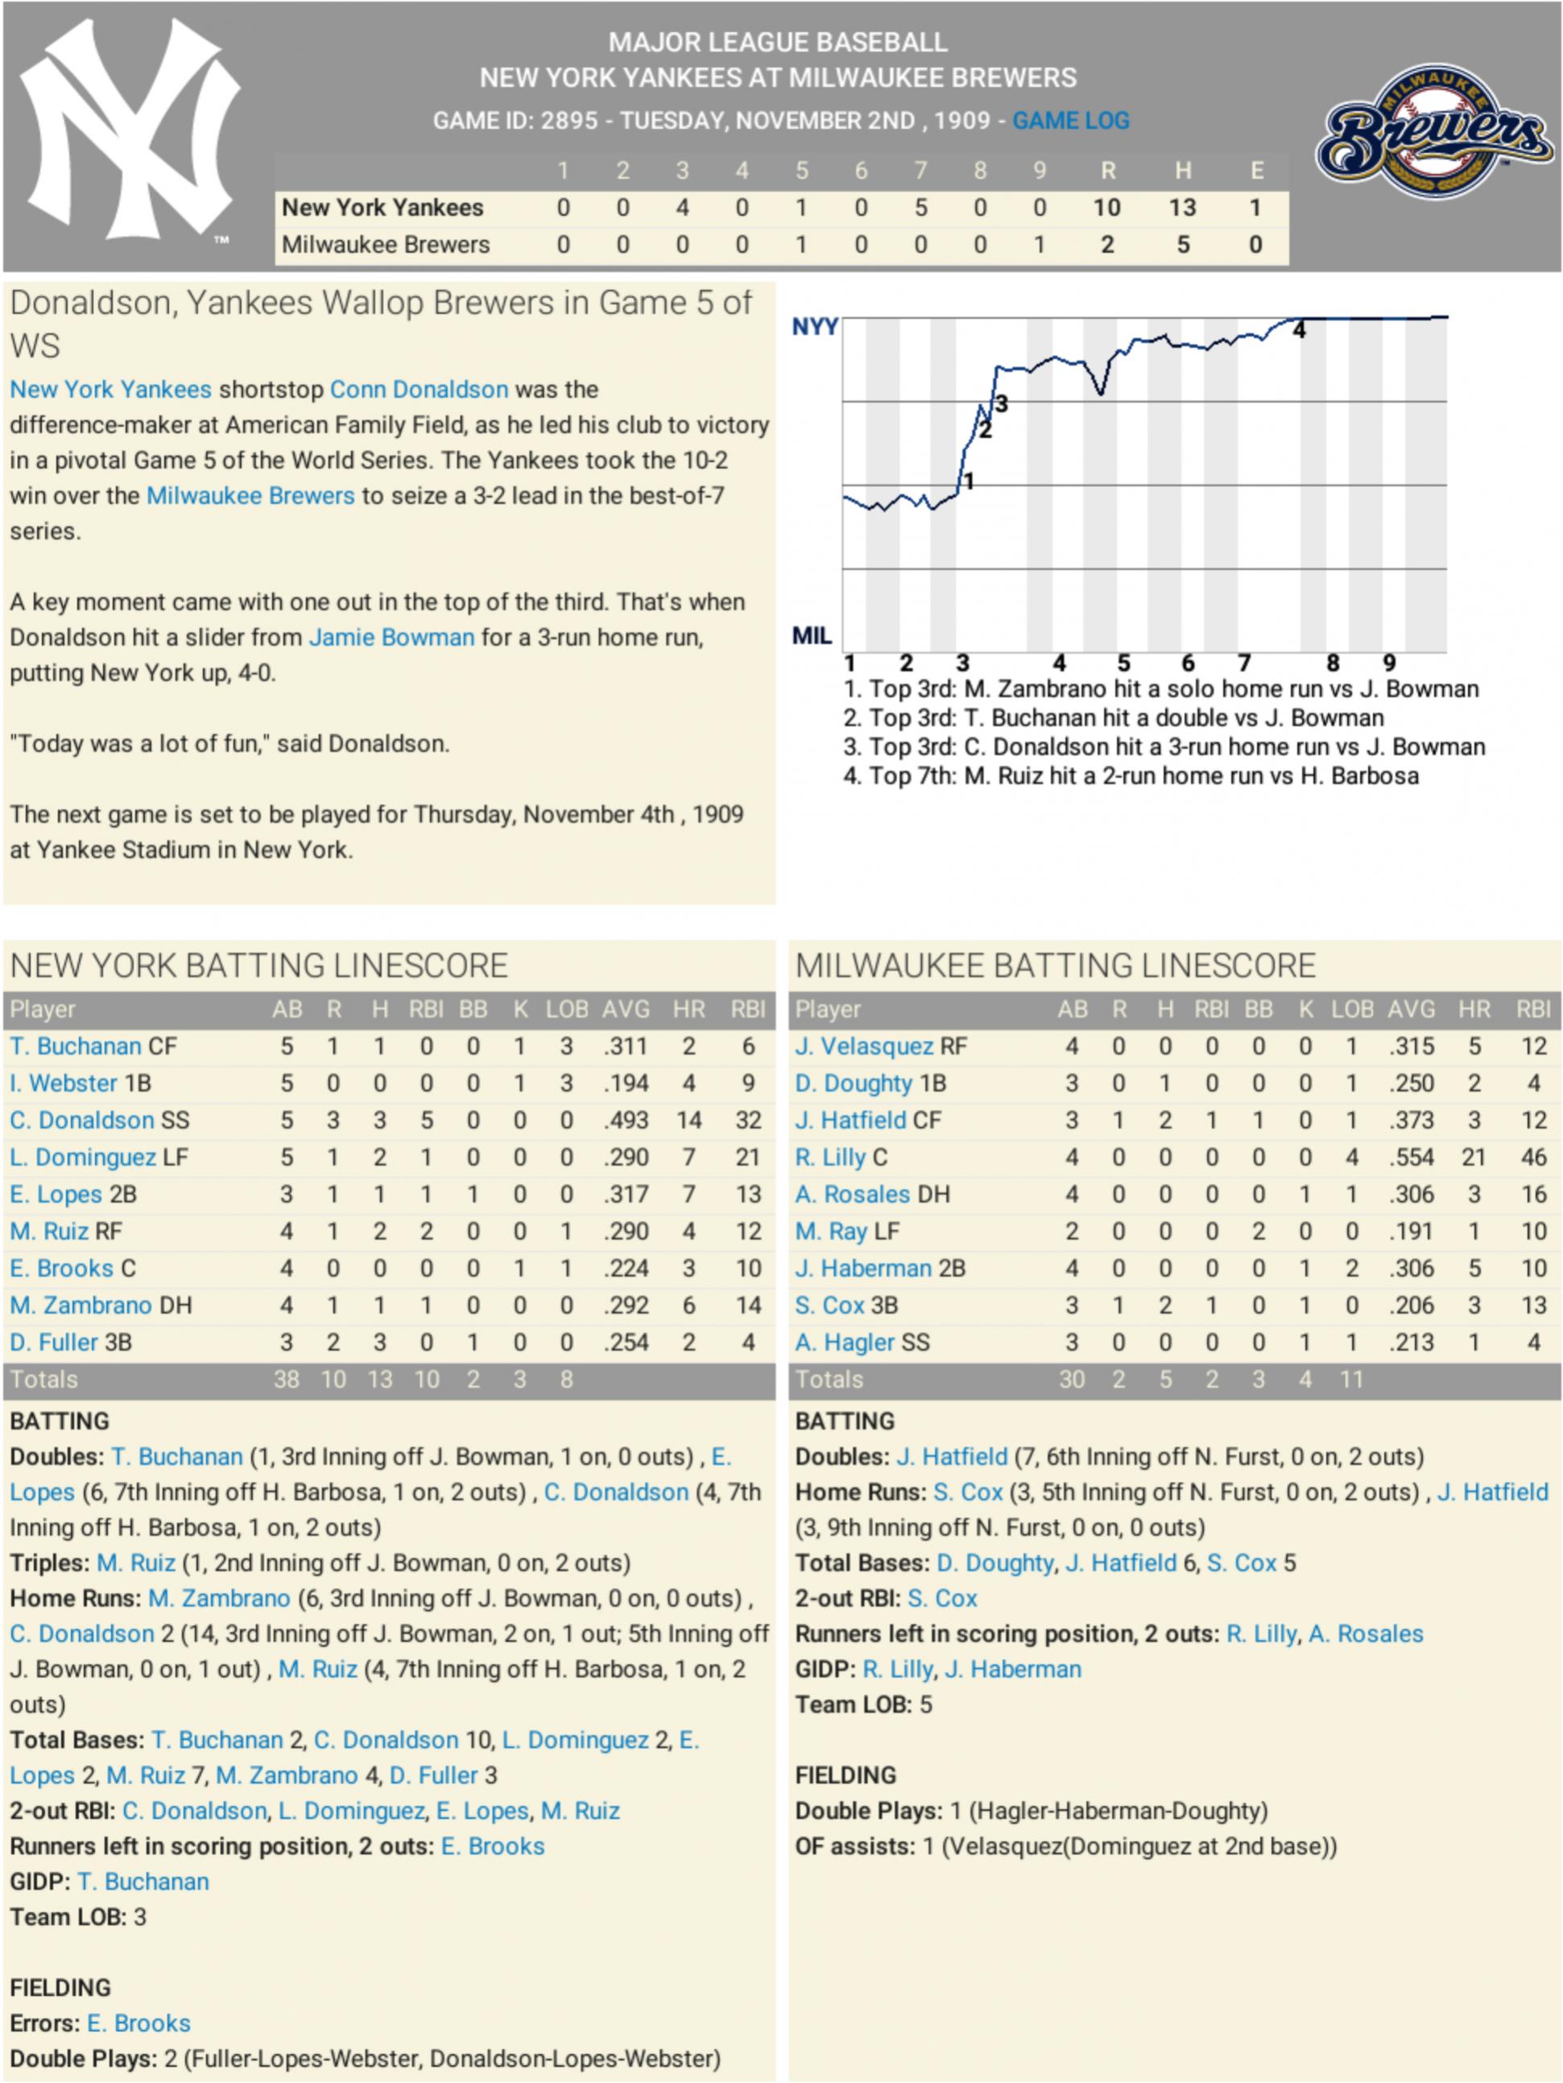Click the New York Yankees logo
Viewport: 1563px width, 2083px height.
coord(130,132)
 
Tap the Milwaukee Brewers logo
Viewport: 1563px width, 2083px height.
coord(1435,133)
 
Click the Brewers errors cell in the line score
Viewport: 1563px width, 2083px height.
coord(1255,245)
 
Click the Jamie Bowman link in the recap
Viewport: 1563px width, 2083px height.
coord(391,638)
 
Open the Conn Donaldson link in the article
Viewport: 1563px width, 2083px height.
coord(419,390)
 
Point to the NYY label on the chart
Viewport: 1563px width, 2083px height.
coord(814,327)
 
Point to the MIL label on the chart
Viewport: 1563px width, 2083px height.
coord(812,637)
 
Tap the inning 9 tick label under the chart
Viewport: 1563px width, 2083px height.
coord(1389,663)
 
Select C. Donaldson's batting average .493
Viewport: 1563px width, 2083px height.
coord(625,1121)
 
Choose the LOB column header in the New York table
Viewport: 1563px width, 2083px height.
coord(567,1010)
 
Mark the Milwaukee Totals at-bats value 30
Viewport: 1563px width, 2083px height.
coord(1072,1379)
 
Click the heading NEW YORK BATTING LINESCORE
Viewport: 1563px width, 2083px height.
coord(259,965)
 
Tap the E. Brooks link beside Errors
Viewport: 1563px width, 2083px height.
coord(139,2023)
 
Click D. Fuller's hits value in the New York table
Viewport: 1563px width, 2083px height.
coord(379,1343)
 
